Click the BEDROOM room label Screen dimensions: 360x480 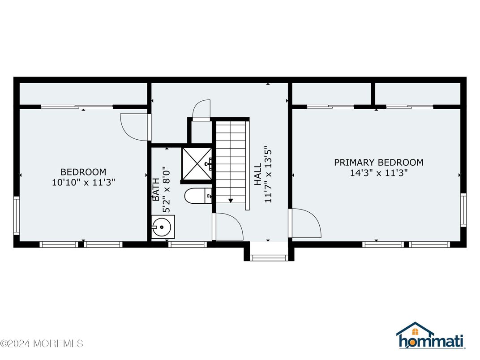pos(83,172)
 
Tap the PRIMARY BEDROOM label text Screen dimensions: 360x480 pos(378,163)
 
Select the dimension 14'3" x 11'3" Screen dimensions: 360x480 pos(378,173)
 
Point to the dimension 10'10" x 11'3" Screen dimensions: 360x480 pos(83,183)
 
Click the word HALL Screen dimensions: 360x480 pos(258,175)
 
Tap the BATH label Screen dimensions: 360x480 pos(156,189)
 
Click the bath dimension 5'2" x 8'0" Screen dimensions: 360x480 pos(167,189)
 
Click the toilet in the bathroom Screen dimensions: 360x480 pos(197,196)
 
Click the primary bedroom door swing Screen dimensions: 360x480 pos(305,223)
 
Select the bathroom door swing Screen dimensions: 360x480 pos(228,227)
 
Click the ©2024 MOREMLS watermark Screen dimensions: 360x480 pos(42,344)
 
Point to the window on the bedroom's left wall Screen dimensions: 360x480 pos(16,215)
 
